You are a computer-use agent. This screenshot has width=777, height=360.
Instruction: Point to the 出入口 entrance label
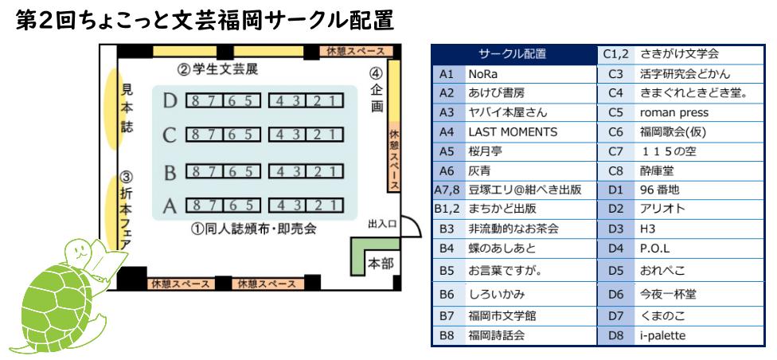(x=382, y=226)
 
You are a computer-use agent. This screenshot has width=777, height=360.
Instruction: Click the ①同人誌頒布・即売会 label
(x=253, y=229)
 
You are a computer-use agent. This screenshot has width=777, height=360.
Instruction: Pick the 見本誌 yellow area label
(x=126, y=108)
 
